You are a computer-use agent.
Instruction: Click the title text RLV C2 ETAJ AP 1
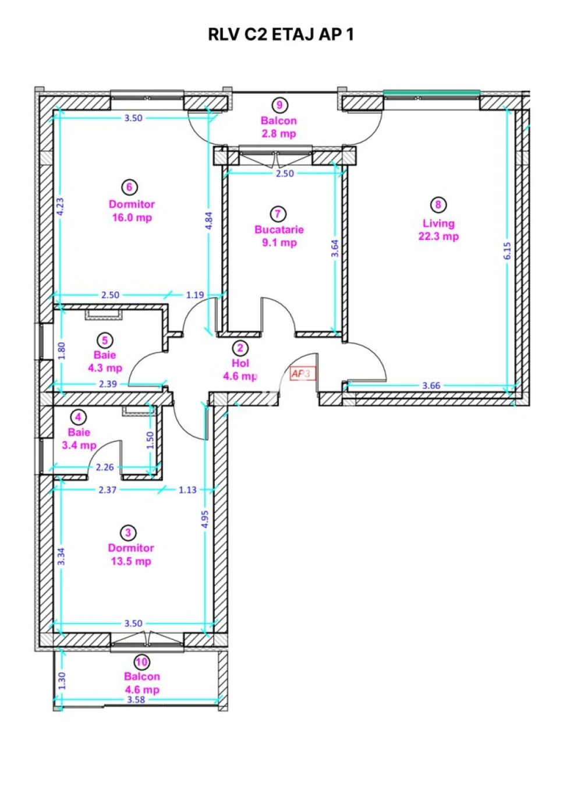281,35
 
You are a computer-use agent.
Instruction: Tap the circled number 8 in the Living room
438,204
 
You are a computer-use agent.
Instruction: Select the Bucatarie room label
279,229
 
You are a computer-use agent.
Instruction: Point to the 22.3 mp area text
438,236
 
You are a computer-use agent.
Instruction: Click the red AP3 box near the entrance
303,374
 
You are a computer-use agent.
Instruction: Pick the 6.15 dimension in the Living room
508,250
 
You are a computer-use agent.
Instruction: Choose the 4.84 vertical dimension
209,221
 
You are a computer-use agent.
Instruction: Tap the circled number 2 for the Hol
240,348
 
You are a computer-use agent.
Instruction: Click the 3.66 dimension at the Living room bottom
431,385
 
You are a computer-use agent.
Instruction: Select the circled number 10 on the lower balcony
141,662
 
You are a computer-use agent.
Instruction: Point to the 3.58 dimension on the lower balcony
136,700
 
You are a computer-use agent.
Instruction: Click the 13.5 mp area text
131,561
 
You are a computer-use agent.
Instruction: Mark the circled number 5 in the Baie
105,341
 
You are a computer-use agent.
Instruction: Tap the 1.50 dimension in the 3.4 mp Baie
150,440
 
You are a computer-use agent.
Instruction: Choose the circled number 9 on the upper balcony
279,105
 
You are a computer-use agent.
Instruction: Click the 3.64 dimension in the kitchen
335,249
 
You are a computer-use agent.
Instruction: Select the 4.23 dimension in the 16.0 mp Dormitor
61,206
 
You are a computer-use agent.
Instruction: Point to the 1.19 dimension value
196,295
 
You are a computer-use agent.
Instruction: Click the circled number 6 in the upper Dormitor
129,187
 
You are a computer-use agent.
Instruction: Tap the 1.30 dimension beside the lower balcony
62,681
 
